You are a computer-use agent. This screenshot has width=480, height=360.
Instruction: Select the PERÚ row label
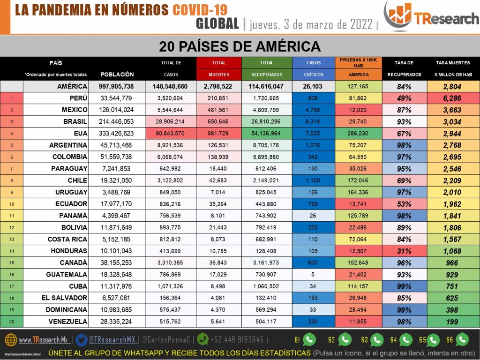click(x=75, y=98)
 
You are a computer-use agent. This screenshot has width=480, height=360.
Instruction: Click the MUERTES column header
click(x=218, y=74)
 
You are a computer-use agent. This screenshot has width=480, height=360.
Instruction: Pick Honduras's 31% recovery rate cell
click(x=404, y=251)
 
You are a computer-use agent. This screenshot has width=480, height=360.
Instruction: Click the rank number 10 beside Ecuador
click(x=12, y=204)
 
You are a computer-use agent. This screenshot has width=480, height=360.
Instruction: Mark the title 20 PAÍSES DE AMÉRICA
click(x=240, y=46)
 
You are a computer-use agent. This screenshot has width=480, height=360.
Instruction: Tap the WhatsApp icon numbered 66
click(x=462, y=339)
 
